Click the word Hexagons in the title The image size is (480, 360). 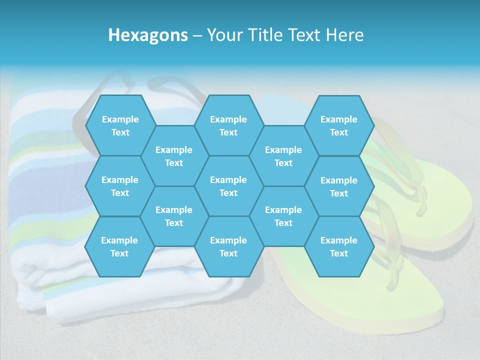148,35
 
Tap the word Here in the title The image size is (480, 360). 344,35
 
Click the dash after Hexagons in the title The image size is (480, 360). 197,35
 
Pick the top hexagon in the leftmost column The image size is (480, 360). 120,125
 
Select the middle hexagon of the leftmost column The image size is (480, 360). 120,186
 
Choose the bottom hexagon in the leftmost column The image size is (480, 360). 119,246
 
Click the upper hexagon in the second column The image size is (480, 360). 174,156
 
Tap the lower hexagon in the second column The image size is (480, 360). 174,216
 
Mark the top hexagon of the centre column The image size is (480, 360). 228,125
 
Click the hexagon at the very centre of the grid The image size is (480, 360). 228,186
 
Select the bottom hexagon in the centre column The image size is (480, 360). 228,246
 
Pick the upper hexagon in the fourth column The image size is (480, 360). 283,156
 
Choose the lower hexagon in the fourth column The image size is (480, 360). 283,216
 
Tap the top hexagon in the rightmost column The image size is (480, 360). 339,125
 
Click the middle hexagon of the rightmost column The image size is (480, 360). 339,186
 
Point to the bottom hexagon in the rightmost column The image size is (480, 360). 339,246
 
